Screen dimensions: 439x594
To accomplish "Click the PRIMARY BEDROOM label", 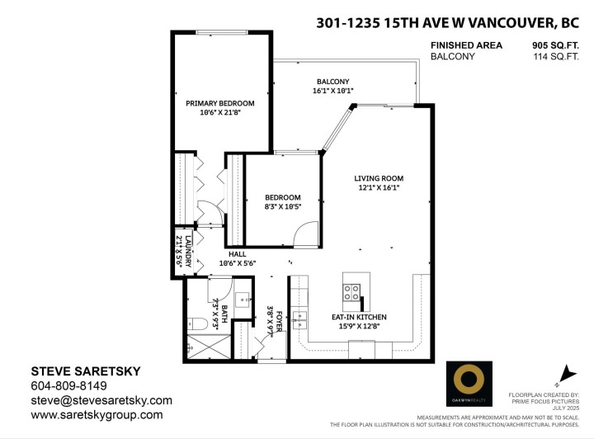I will [x=219, y=103].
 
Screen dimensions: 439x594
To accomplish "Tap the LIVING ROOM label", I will [x=379, y=178].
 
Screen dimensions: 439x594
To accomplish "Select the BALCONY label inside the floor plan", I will [x=333, y=81].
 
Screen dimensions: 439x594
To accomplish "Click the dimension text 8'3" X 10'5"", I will [x=283, y=208].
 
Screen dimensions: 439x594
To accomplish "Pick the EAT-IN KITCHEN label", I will [x=359, y=317].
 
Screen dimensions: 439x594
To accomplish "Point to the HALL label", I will [x=238, y=254].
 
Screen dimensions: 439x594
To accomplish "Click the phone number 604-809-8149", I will [x=69, y=385].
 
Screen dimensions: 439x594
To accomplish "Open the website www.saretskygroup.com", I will [x=97, y=415].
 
